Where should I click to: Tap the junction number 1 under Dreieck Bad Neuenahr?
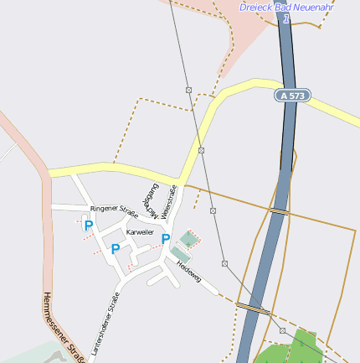point(286,18)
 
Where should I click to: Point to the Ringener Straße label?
point(114,210)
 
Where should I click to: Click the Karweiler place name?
point(140,231)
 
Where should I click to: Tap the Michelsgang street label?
point(151,196)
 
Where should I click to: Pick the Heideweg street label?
point(188,272)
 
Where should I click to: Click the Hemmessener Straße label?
point(64,328)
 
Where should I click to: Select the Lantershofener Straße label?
point(106,324)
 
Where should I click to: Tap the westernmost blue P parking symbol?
point(88,225)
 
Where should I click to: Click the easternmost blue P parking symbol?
point(166,240)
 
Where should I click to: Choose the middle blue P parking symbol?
point(116,249)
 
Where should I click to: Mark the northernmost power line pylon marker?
point(189,90)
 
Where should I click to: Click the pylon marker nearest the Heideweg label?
point(224,262)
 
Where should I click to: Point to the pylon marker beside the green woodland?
point(282,331)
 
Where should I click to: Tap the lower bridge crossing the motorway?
point(254,308)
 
